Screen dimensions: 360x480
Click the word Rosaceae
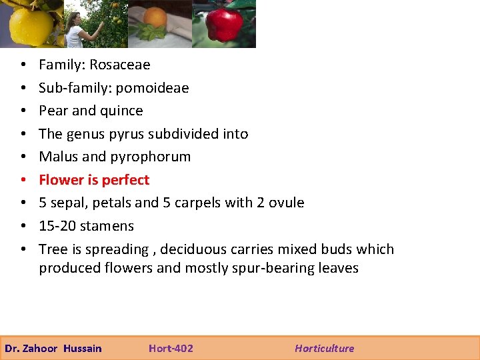pos(120,65)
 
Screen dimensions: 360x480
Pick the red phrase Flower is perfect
pos(94,180)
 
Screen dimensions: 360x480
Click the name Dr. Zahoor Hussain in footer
pos(53,348)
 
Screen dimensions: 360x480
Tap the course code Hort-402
pos(171,348)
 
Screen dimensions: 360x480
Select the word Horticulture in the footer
pos(325,348)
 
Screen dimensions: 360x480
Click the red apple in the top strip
pos(224,24)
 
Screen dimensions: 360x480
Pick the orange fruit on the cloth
pos(155,19)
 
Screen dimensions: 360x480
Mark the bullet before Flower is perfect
pos(23,180)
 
